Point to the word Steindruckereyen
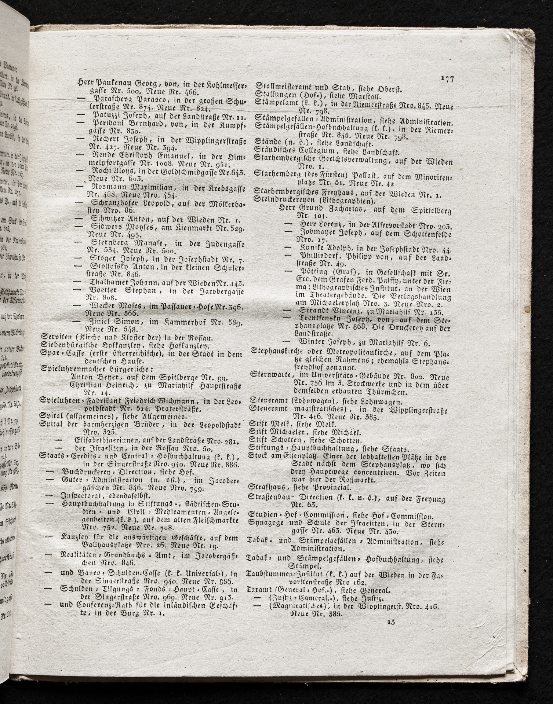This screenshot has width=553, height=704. tap(277, 201)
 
